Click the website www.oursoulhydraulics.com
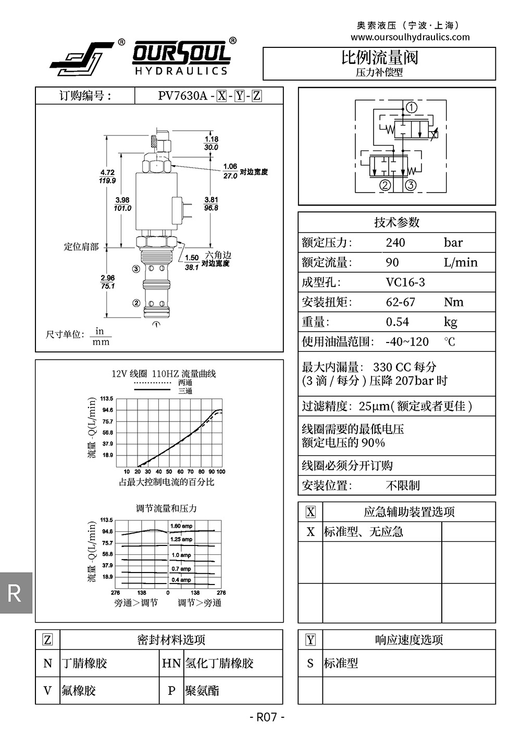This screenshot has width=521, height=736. click(410, 37)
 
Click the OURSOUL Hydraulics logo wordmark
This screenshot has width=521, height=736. click(181, 58)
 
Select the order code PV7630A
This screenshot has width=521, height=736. click(182, 96)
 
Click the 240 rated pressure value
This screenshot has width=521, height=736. click(395, 243)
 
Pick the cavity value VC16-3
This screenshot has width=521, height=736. click(405, 282)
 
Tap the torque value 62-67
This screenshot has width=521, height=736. click(400, 302)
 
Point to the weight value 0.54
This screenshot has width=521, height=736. click(397, 322)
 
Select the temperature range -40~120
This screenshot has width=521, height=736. click(407, 341)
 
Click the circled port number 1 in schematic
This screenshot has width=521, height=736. click(412, 108)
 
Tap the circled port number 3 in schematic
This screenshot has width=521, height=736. click(411, 185)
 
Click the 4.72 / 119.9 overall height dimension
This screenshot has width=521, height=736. click(107, 176)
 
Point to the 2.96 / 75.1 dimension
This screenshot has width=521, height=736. click(107, 282)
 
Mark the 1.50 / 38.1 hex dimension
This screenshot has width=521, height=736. click(192, 262)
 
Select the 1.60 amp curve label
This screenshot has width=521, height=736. click(181, 526)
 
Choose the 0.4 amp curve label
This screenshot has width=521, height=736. click(181, 580)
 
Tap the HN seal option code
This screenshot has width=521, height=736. click(171, 663)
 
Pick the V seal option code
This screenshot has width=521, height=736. click(48, 691)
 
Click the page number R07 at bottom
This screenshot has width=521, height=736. click(267, 717)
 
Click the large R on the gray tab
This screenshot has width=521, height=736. click(15, 593)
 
